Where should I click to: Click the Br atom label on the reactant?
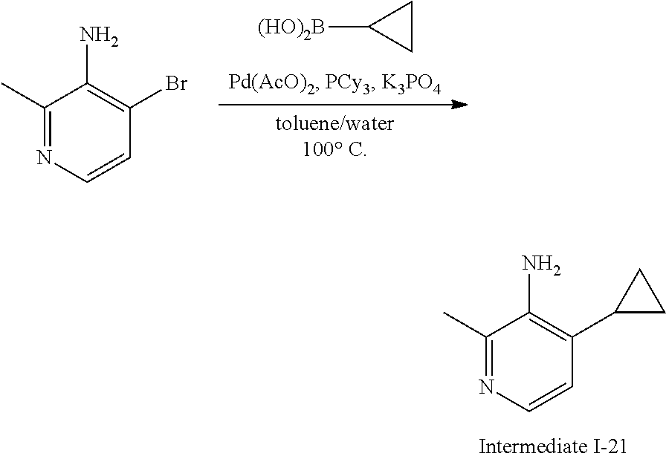pyautogui.click(x=175, y=85)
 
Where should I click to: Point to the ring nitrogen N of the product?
pyautogui.click(x=487, y=387)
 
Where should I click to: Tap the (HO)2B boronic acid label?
pyautogui.click(x=292, y=28)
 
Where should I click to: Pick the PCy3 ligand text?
pyautogui.click(x=349, y=83)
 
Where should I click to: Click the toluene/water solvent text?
pyautogui.click(x=334, y=123)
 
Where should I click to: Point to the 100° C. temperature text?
pyautogui.click(x=334, y=149)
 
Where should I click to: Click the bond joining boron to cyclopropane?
pyautogui.click(x=349, y=28)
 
